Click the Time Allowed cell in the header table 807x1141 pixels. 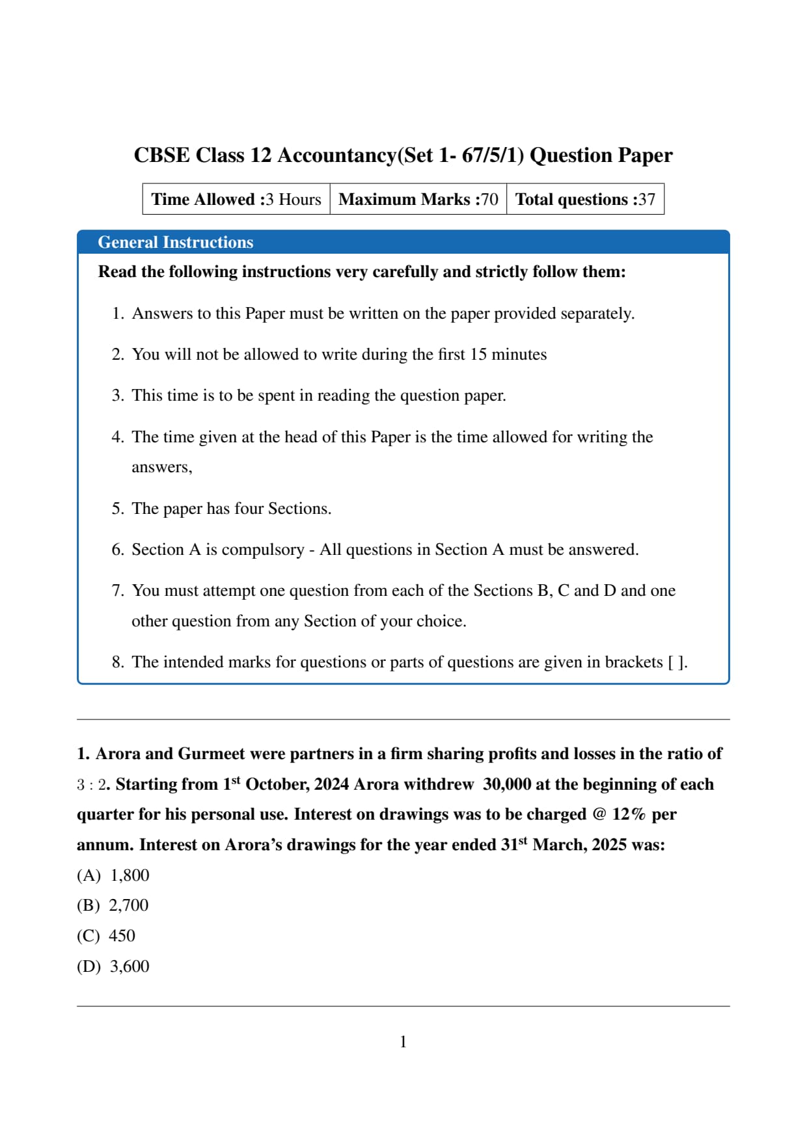[236, 199]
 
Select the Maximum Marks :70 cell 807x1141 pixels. [418, 199]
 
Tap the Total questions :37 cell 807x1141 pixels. [585, 199]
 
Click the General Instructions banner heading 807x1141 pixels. [175, 242]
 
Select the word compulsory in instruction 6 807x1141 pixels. [263, 550]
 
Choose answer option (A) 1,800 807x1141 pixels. [113, 876]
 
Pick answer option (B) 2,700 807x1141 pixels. [113, 906]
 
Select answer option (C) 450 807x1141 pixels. [106, 936]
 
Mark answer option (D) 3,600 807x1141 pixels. [113, 967]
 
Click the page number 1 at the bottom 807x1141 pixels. [403, 1042]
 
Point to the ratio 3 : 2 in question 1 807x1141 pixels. [91, 785]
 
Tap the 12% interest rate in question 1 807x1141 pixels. [629, 814]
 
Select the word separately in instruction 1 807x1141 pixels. [597, 314]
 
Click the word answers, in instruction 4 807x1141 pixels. [162, 468]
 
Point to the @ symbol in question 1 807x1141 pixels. [599, 814]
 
